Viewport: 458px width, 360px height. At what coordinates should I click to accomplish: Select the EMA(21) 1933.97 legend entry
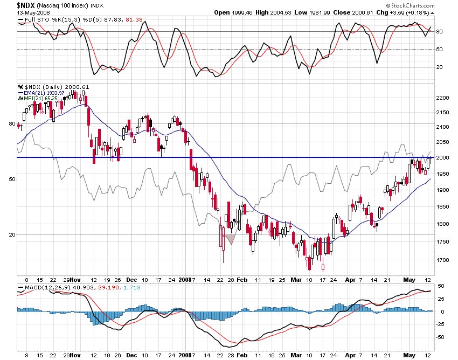click(45, 93)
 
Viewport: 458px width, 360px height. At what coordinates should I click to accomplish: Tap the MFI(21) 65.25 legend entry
click(43, 99)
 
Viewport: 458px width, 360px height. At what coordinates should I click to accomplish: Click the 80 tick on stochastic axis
click(439, 32)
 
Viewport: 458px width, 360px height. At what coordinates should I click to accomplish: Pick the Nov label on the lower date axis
click(75, 356)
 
